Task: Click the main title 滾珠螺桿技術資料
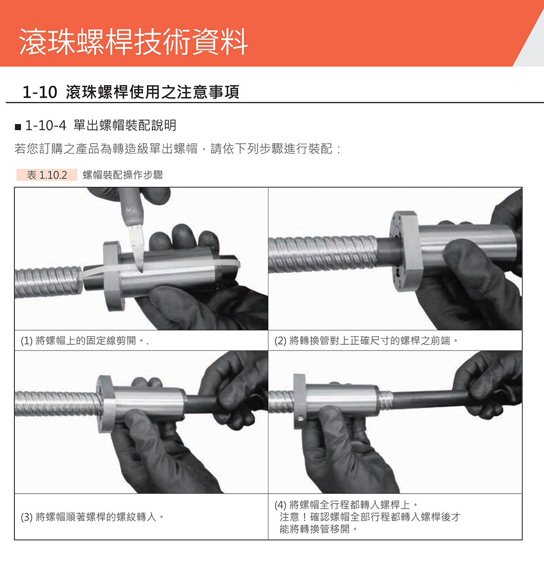coord(133,42)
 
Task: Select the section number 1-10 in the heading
coord(40,92)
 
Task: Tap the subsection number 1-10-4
coord(46,126)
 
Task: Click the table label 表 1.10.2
coord(47,175)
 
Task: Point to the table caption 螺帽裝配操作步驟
coord(123,175)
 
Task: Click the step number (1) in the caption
coord(27,341)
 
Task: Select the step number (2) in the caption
coord(280,341)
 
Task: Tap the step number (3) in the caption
coord(27,517)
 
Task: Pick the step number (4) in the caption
coord(280,505)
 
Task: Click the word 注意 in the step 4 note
coord(289,517)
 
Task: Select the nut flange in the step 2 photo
coord(405,251)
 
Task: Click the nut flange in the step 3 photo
coord(106,403)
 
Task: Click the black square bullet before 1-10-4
coord(18,127)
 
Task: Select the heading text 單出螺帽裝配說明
coord(125,126)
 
